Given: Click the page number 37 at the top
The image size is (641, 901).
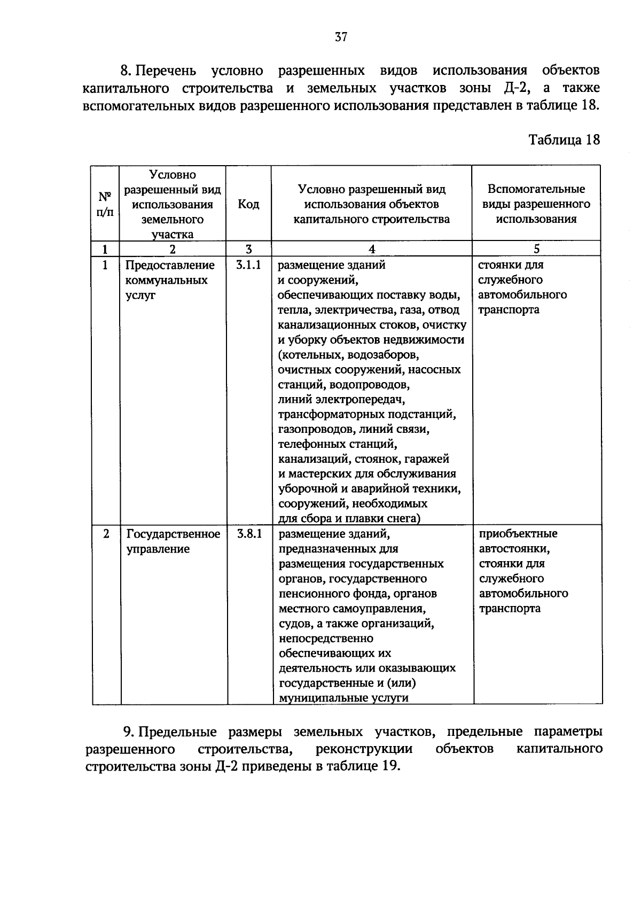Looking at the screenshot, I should click(x=341, y=37).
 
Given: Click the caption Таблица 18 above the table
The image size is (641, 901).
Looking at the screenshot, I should click(x=564, y=140).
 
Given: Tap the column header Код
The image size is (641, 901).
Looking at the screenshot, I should click(x=248, y=204).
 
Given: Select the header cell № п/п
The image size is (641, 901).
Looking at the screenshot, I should click(x=105, y=204).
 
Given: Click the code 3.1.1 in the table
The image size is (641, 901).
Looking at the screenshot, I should click(x=248, y=265).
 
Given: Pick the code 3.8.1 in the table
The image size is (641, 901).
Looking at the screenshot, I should click(x=249, y=534).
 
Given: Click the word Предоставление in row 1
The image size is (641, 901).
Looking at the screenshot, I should click(x=170, y=266).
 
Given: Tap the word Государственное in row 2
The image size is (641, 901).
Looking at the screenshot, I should click(x=173, y=534).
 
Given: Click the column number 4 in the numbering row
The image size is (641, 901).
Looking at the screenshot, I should click(x=372, y=249).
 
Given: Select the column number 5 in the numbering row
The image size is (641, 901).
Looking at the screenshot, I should click(x=536, y=249).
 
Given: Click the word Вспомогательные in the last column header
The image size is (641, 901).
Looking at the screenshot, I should click(x=536, y=189).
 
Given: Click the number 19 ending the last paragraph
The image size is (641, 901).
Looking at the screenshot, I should click(x=389, y=766).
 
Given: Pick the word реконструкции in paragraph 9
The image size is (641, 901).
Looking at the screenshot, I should click(x=364, y=749).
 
